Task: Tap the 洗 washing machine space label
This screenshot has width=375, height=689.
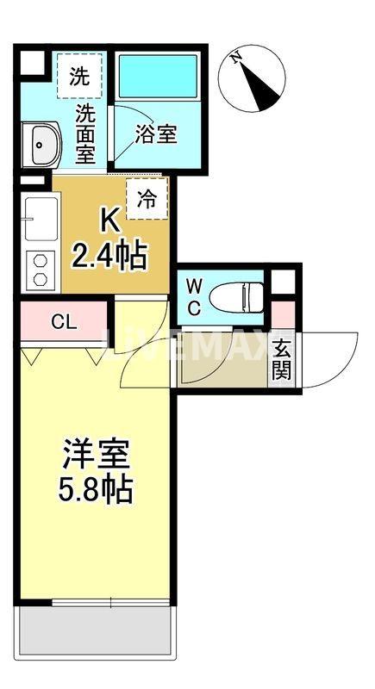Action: pyautogui.click(x=78, y=76)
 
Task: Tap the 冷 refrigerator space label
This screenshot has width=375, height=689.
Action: pyautogui.click(x=147, y=199)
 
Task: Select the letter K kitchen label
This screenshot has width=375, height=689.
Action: pyautogui.click(x=110, y=221)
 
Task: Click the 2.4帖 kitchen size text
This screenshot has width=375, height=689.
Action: pyautogui.click(x=109, y=256)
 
